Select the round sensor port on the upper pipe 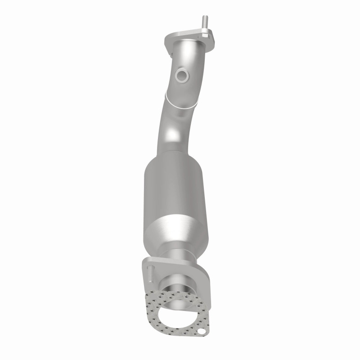[182, 75]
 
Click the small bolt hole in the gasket [205, 333]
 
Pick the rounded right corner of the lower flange [205, 272]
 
